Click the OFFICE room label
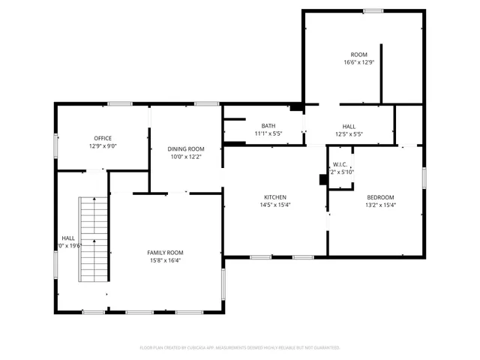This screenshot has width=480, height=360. click(x=103, y=138)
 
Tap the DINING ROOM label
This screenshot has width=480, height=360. click(x=185, y=149)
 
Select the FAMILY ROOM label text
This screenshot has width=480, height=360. click(x=165, y=253)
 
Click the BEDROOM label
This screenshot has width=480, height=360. click(x=380, y=196)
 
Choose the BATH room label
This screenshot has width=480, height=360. click(x=268, y=126)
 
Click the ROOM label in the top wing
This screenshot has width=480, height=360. click(x=358, y=55)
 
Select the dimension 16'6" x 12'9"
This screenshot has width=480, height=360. click(x=358, y=63)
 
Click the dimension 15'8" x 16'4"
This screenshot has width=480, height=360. click(x=165, y=261)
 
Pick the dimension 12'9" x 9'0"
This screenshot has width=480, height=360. click(x=103, y=146)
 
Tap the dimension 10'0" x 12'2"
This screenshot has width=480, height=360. click(x=185, y=157)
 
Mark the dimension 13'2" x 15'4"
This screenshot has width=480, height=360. click(x=380, y=205)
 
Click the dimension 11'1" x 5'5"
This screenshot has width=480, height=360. click(x=268, y=134)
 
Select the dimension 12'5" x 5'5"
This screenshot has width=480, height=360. click(x=349, y=134)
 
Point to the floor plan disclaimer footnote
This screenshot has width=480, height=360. click(x=240, y=348)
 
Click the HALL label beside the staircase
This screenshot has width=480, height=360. click(x=67, y=238)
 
